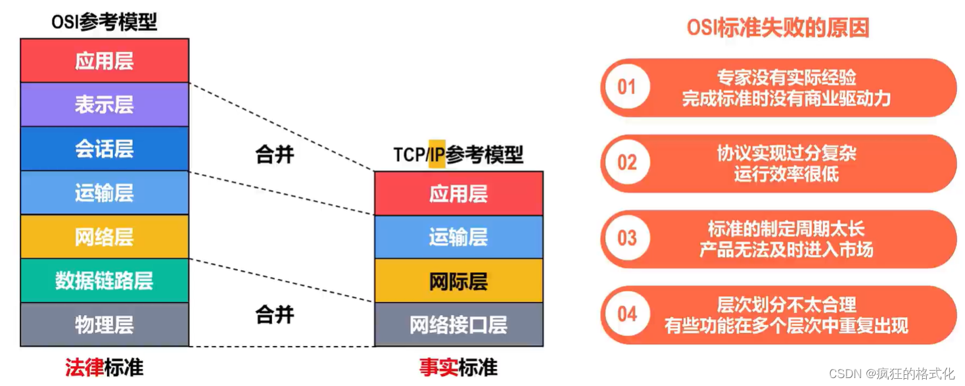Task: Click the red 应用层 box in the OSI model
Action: click(105, 60)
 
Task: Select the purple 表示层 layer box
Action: click(105, 105)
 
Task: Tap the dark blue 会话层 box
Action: click(105, 149)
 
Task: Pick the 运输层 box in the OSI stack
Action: click(105, 193)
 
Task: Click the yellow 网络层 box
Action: click(105, 237)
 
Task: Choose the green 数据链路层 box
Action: click(105, 281)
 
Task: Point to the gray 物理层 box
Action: click(105, 325)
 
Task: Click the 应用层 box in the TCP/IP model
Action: click(459, 194)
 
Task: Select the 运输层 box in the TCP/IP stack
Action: click(459, 237)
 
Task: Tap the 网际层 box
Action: click(459, 281)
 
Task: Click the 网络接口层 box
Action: click(459, 325)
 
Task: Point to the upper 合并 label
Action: click(275, 155)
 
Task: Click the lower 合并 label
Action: click(275, 314)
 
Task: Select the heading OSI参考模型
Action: click(105, 22)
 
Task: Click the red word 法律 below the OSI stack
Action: click(84, 368)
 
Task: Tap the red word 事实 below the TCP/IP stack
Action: click(438, 368)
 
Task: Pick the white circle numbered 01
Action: click(627, 87)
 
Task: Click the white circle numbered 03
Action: click(627, 238)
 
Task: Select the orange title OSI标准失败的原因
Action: click(778, 28)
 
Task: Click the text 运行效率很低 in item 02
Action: click(786, 174)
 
